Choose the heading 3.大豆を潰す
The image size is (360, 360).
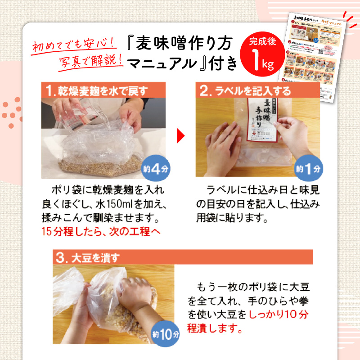pos(88,258)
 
